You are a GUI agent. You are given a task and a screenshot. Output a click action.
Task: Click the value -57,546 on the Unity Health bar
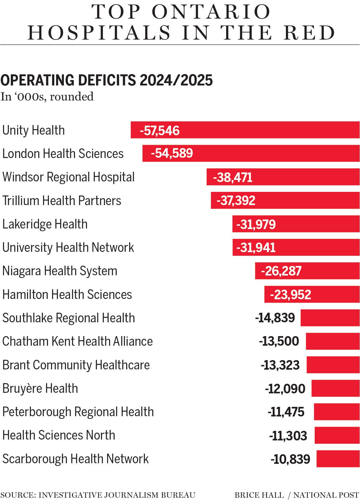pos(160,131)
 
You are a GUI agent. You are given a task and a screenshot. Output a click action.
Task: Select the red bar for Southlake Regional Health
pos(330,318)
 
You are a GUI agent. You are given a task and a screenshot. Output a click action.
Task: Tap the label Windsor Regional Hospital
pos(68,177)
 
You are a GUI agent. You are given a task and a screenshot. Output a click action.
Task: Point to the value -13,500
pos(279,341)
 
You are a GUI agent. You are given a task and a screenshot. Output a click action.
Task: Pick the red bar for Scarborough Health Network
pos(338,459)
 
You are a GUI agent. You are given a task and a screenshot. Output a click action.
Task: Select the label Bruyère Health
pos(40,389)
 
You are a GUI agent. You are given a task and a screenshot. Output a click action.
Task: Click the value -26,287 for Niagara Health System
pos(281,271)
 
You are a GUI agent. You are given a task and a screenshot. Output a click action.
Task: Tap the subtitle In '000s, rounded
pos(47,97)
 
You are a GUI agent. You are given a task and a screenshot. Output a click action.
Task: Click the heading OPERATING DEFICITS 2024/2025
pos(106,80)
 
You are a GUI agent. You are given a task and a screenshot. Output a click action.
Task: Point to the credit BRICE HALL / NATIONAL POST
pos(297,495)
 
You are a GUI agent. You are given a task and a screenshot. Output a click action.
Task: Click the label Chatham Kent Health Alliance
pos(77,341)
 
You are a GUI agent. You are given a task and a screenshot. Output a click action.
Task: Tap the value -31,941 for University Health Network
pos(256,248)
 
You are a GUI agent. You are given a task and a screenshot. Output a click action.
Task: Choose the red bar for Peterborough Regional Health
pos(337,412)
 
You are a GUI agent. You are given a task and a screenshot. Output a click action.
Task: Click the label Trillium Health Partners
pos(62,201)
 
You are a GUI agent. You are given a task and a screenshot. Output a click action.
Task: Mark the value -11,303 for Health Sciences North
pos(288,436)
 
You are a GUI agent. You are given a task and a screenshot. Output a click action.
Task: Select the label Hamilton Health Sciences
pos(67,294)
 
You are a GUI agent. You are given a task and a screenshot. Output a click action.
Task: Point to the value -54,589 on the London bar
pos(172,154)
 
